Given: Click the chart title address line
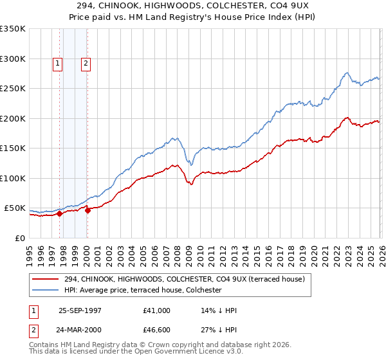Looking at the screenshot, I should [193, 5].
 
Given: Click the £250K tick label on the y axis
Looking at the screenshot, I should [13, 89].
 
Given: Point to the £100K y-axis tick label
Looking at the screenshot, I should [13, 179].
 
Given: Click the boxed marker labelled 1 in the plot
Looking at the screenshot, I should [58, 63].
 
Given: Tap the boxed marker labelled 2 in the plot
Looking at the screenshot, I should [86, 63].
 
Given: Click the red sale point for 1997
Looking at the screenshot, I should [60, 214].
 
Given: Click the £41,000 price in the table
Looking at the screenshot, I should [157, 310].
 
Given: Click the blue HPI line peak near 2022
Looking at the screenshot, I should [346, 73].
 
